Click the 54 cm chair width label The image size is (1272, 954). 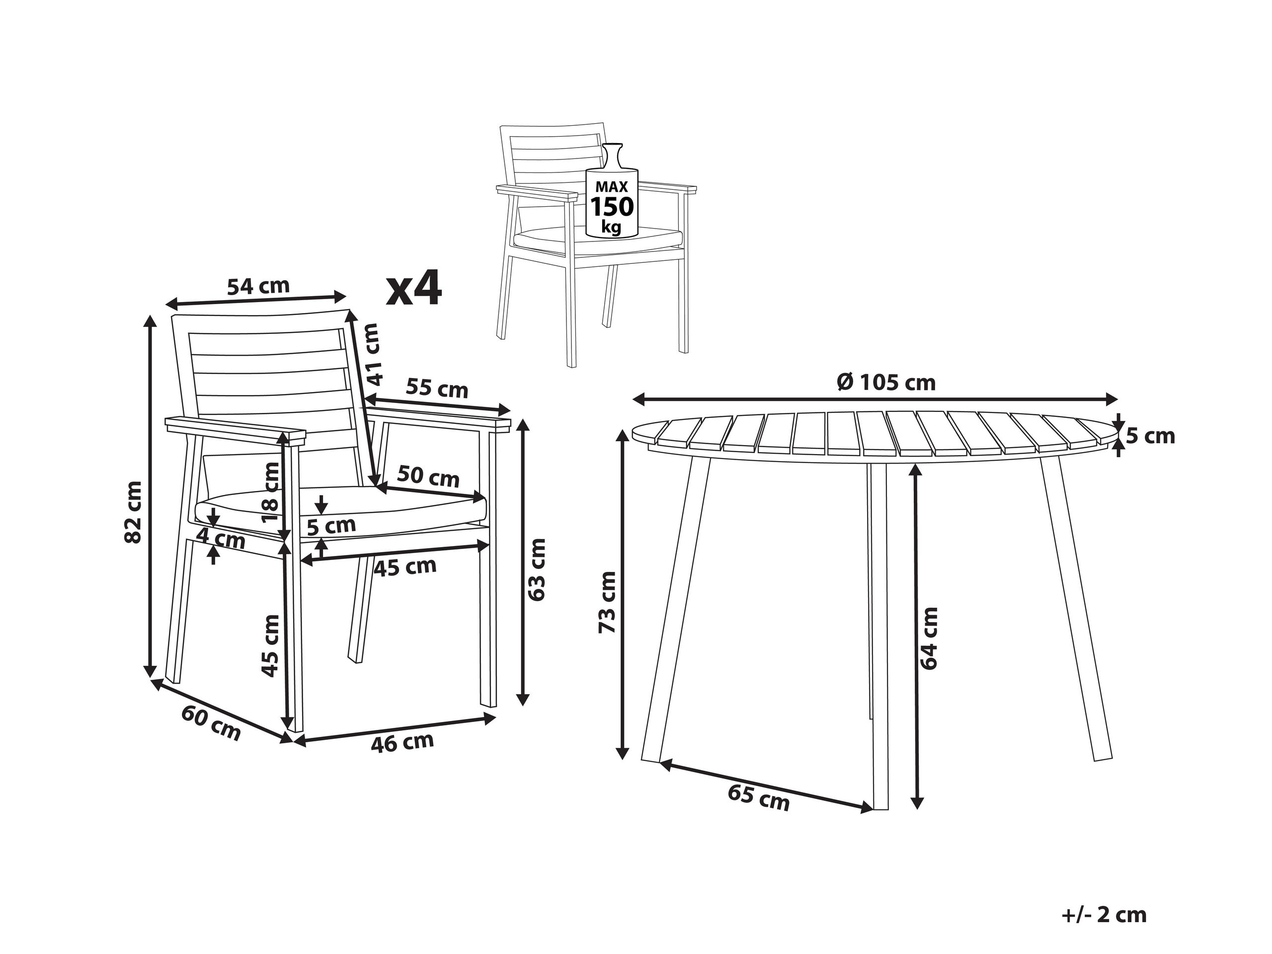258,286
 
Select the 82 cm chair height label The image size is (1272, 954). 133,512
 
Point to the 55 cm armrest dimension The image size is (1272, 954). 437,390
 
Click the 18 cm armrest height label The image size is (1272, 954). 270,492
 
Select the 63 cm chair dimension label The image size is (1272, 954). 536,569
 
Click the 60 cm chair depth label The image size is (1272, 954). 211,723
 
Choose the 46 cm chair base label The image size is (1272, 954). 402,742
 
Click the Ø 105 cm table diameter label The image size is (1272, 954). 886,382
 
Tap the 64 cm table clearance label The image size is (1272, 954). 929,638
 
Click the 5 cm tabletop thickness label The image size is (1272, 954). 1150,436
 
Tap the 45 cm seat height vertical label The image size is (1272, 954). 270,646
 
